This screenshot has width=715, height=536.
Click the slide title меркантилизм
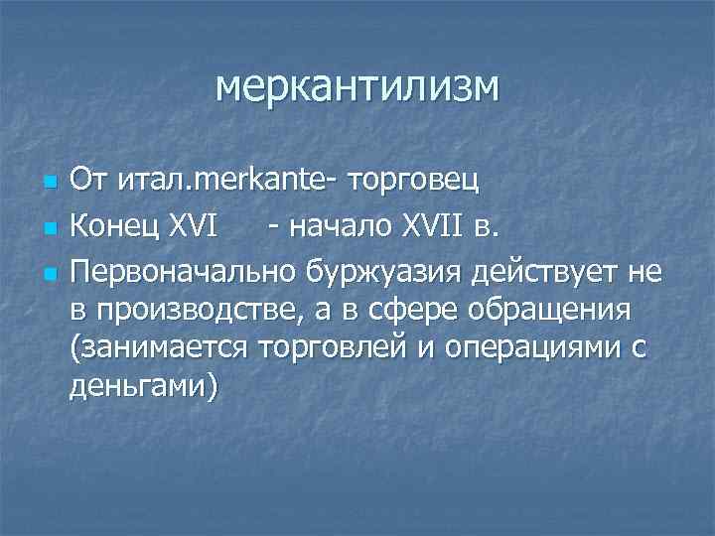(x=358, y=87)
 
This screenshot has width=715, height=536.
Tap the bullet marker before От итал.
(x=49, y=185)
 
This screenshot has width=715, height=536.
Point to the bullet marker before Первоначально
(x=49, y=271)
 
